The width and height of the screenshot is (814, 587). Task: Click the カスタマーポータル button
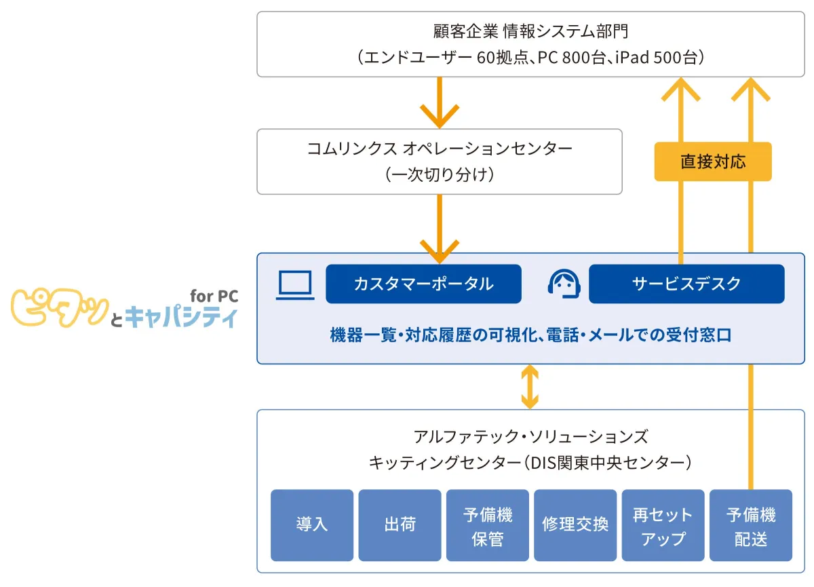(x=423, y=284)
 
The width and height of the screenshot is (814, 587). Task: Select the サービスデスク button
(x=686, y=284)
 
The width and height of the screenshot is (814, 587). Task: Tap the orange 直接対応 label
(x=712, y=162)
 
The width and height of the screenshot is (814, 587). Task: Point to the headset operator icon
(x=564, y=284)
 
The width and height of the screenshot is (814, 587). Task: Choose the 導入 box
(x=312, y=525)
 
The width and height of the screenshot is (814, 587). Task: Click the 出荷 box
(x=400, y=525)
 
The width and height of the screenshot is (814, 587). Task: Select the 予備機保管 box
(x=487, y=525)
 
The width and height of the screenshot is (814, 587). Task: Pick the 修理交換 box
(x=575, y=525)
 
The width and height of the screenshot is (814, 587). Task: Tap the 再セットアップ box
(x=663, y=525)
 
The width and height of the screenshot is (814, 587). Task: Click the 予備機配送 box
(x=750, y=525)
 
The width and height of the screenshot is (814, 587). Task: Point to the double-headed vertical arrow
(x=530, y=387)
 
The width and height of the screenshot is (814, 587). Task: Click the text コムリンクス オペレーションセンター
(x=440, y=149)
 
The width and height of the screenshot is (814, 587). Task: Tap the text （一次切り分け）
(x=440, y=175)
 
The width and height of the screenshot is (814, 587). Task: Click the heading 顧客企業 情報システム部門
(x=530, y=31)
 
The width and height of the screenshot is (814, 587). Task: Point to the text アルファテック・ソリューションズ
(x=530, y=436)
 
